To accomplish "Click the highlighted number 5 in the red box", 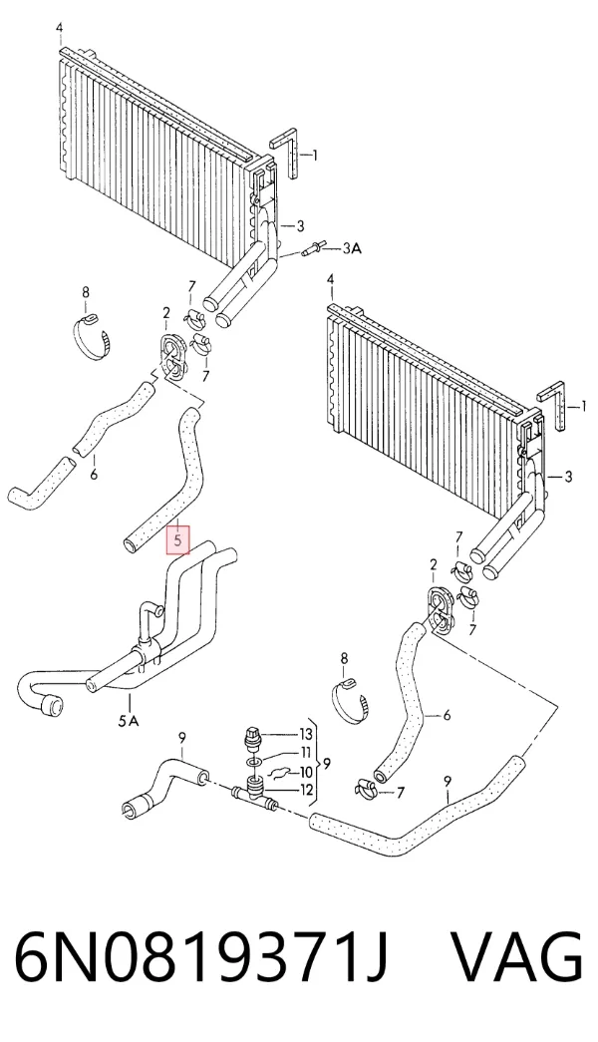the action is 177,540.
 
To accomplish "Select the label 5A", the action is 129,721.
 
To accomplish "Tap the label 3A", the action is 352,249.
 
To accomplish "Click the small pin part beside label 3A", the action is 312,250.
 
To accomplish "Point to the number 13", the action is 305,734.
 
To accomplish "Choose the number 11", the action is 305,754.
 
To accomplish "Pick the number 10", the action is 305,772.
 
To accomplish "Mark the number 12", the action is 305,791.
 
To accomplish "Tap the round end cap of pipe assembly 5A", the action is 50,706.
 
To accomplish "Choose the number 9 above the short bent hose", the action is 181,737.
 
